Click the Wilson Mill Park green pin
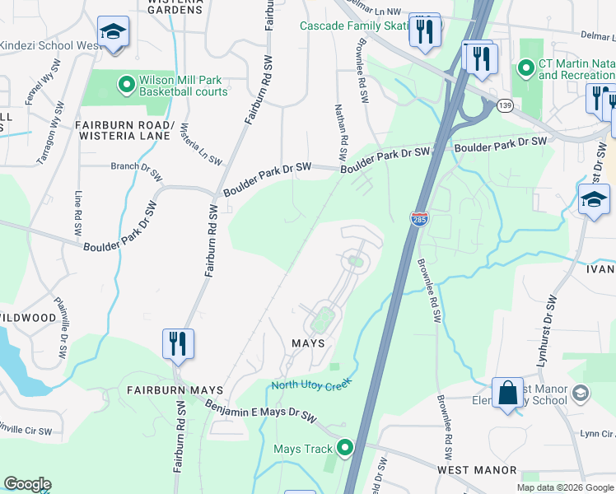pos(126,83)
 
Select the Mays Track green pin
pos(344,448)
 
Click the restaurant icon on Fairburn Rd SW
pos(178,343)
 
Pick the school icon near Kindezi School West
pos(113,32)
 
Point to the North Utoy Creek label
pos(312,385)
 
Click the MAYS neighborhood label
pos(308,343)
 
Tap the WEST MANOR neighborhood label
pos(477,470)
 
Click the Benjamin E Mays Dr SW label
pos(261,409)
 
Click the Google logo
pos(27,484)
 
